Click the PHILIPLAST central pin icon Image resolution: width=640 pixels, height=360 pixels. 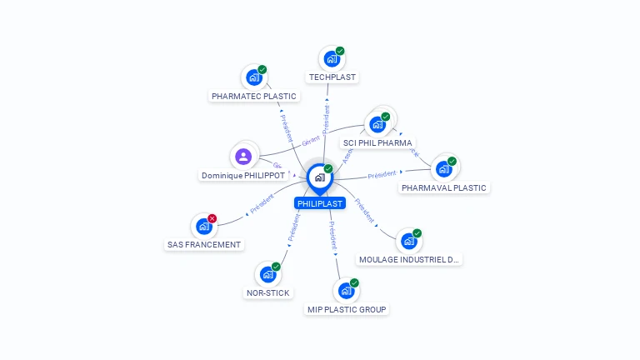pyautogui.click(x=319, y=177)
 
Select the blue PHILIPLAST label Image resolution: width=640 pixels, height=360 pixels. pyautogui.click(x=319, y=203)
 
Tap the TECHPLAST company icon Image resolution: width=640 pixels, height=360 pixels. pyautogui.click(x=332, y=59)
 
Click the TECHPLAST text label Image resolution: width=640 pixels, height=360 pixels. pyautogui.click(x=332, y=77)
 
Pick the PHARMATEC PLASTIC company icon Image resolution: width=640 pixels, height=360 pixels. pyautogui.click(x=254, y=78)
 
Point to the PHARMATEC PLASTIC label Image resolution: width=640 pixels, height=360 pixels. pyautogui.click(x=254, y=97)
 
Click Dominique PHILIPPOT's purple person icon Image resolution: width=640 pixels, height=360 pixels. pyautogui.click(x=243, y=157)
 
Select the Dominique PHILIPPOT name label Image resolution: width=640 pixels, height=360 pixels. pyautogui.click(x=243, y=176)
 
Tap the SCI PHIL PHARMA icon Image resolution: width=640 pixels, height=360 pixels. pyautogui.click(x=377, y=125)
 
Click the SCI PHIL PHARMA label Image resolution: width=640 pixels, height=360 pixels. pyautogui.click(x=377, y=143)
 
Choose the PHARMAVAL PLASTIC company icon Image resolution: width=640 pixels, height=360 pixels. pyautogui.click(x=444, y=169)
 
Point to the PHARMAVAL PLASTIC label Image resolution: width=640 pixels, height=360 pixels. pyautogui.click(x=444, y=188)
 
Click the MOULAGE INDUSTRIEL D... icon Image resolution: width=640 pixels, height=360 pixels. pyautogui.click(x=408, y=241)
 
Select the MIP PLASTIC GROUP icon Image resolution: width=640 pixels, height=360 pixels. pyautogui.click(x=346, y=291)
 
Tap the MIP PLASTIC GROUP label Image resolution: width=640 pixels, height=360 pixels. pyautogui.click(x=347, y=310)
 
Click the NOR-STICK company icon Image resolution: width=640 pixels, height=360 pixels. pyautogui.click(x=267, y=274)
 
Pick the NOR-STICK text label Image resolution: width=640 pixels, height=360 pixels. pyautogui.click(x=268, y=293)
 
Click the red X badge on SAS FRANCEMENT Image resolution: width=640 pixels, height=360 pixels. pyautogui.click(x=212, y=218)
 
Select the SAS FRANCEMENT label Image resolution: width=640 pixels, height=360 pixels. pyautogui.click(x=204, y=245)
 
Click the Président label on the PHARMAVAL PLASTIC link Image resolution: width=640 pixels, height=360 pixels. pyautogui.click(x=382, y=175)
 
